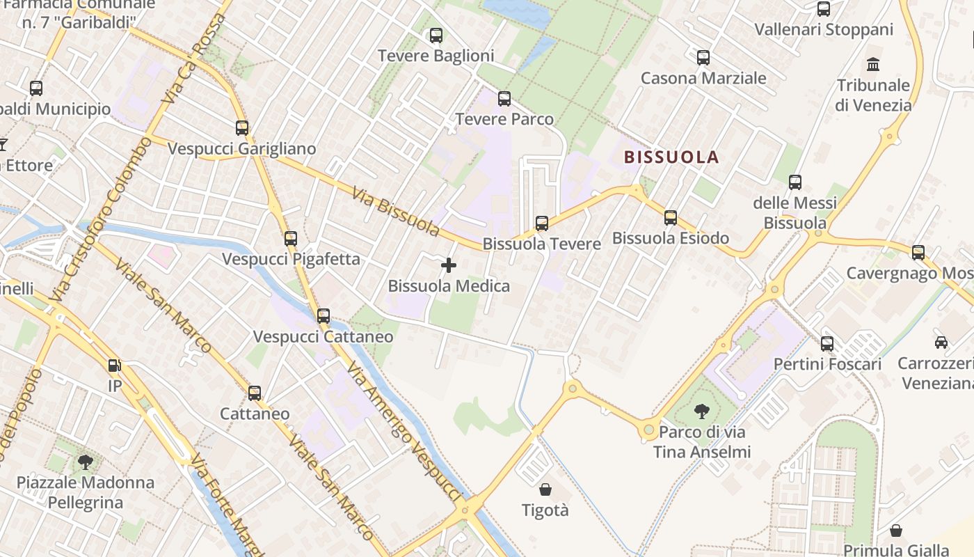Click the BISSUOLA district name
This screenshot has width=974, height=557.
click(671, 157)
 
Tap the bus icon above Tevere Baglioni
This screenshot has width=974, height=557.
click(436, 35)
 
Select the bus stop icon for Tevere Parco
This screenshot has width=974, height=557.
click(504, 98)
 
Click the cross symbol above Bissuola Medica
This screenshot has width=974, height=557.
click(449, 265)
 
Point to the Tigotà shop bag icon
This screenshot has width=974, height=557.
click(545, 489)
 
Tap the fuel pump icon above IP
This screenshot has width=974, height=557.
click(114, 365)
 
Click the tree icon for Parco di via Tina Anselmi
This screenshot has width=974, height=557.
click(701, 411)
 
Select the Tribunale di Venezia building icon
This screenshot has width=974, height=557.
click(873, 65)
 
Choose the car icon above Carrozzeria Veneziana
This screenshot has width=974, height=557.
click(941, 342)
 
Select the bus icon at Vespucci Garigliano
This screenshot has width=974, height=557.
click(242, 128)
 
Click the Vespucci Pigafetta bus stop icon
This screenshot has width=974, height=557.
click(291, 239)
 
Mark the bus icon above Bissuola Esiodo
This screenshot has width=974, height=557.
click(671, 218)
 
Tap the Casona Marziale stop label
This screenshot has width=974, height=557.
click(703, 78)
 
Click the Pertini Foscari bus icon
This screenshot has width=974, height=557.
click(827, 343)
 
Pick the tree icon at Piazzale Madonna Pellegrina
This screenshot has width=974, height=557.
click(85, 461)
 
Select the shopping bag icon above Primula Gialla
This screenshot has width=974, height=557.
click(896, 531)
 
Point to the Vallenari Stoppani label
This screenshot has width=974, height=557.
click(824, 30)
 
